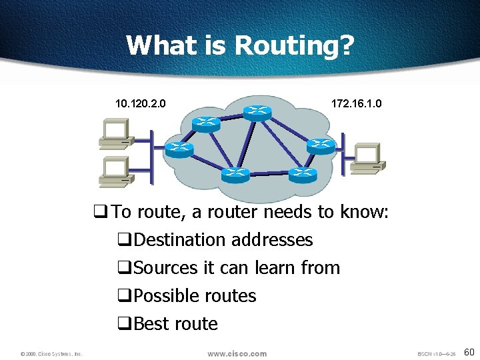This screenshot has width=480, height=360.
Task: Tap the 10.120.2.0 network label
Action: pos(141,104)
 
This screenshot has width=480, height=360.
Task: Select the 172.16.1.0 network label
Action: pos(357,104)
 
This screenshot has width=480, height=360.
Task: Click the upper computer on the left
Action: pos(115,133)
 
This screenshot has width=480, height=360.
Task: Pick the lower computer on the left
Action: pos(115,172)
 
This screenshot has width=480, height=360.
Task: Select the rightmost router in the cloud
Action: pos(321,145)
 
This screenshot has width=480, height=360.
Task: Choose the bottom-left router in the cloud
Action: pos(236,174)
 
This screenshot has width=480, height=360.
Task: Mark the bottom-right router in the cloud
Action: pos(302,174)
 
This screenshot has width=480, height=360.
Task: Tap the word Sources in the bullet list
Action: pos(165,268)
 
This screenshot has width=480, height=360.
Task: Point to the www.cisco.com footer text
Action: pos(237,353)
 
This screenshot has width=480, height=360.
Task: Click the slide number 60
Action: pos(469,352)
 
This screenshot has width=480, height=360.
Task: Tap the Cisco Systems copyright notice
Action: pos(51,354)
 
